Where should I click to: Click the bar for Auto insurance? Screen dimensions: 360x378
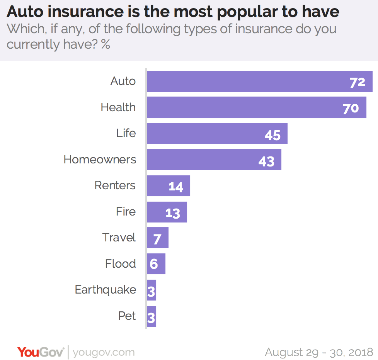point(247,82)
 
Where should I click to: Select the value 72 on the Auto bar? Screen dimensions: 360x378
point(358,82)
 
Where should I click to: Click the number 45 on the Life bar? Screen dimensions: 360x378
point(272,135)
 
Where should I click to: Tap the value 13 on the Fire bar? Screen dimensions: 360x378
point(173,213)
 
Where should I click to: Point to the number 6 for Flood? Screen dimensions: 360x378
point(153,264)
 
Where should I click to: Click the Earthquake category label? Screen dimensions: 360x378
point(105,290)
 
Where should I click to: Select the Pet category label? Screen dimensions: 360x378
point(127,316)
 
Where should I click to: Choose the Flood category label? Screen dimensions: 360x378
point(120,264)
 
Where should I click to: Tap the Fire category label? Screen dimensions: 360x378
point(126,212)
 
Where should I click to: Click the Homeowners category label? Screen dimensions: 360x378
point(100,160)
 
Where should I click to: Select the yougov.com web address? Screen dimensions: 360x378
point(104,352)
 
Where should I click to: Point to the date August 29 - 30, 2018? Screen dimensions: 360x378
point(319,352)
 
